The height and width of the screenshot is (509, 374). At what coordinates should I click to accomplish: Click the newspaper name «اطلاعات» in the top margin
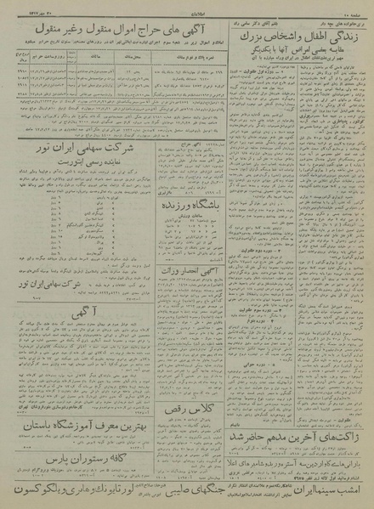click(x=188, y=12)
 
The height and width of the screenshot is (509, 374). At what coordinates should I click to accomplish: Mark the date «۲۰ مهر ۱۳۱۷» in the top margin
click(x=25, y=12)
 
